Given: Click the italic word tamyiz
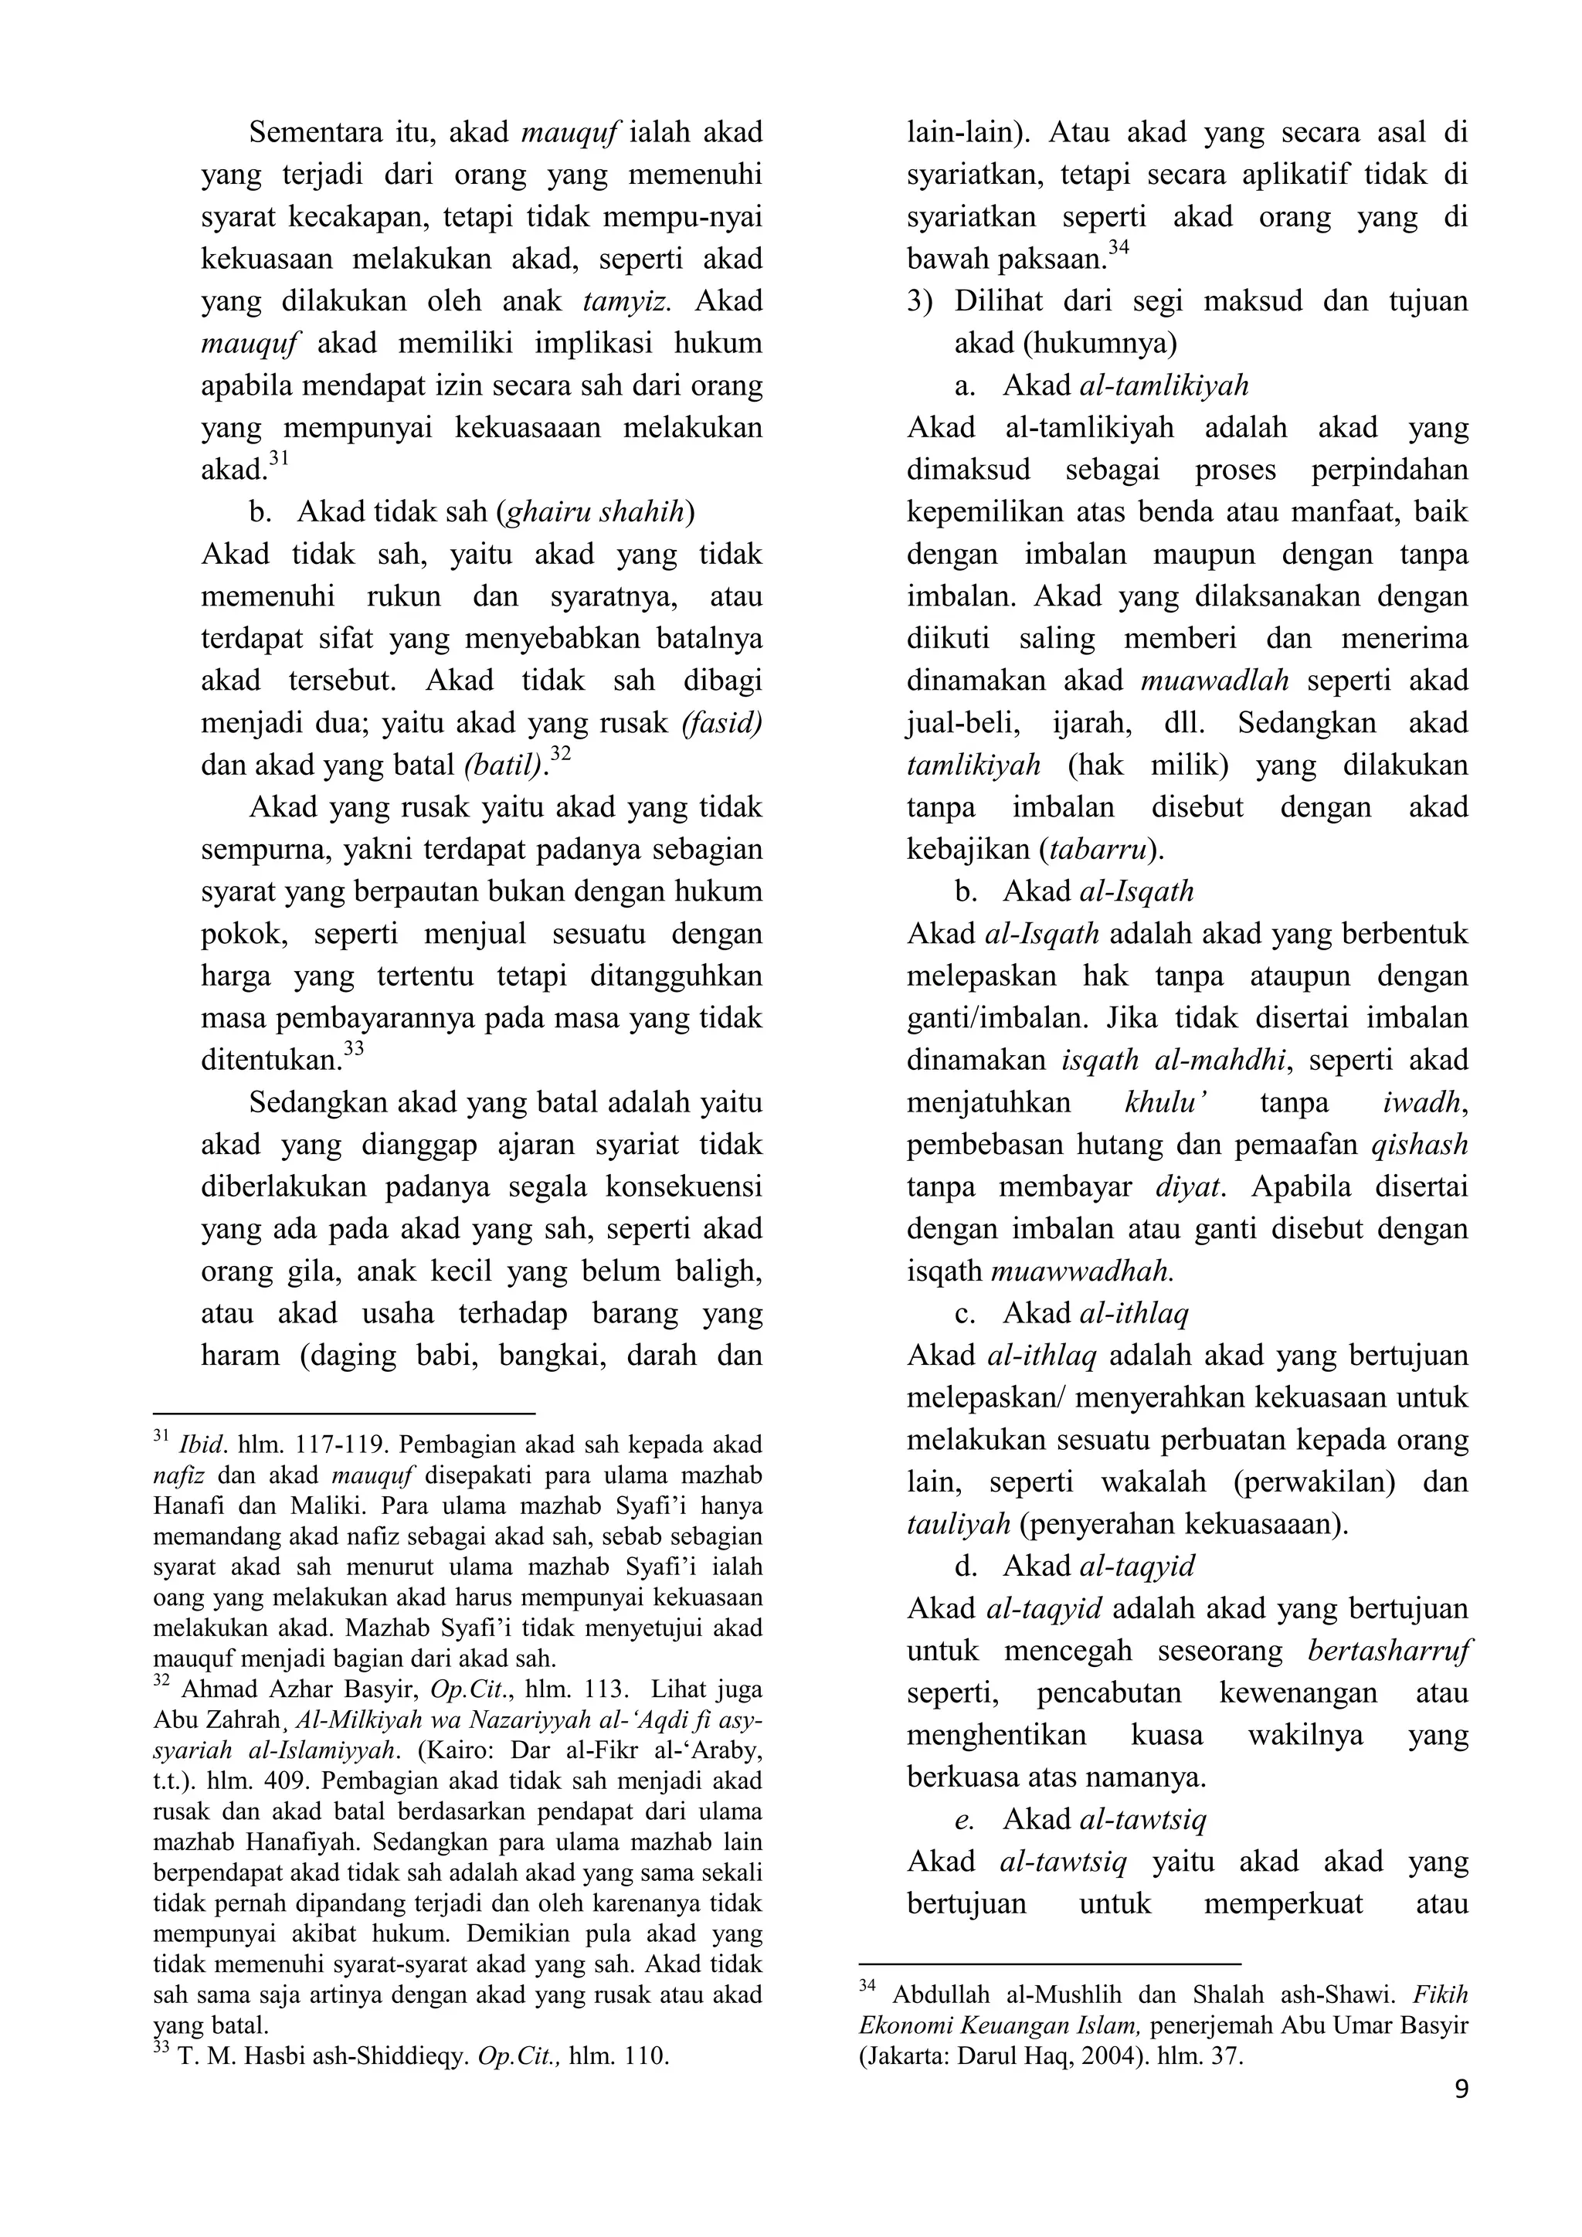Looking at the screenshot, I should point(626,301).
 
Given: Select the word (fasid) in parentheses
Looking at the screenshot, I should point(721,723).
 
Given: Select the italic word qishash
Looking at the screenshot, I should point(1418,1145).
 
